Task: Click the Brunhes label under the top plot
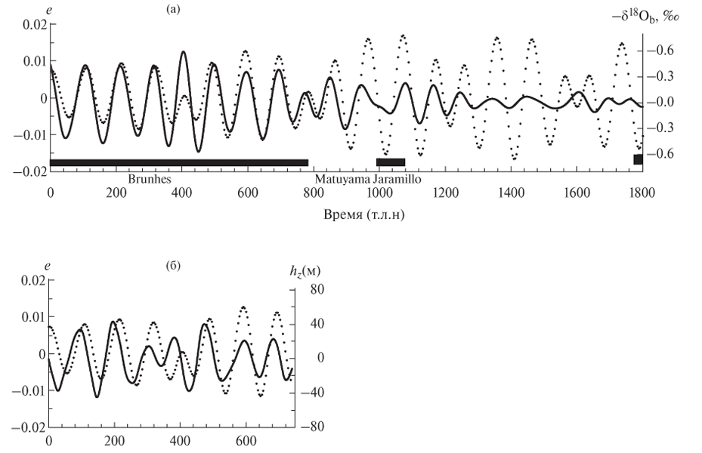coord(149,180)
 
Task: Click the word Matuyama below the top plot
coord(339,180)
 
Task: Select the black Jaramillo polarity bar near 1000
coord(391,162)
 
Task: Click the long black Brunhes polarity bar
coord(179,162)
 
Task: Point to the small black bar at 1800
coord(638,159)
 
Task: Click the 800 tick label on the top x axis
coord(313,193)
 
